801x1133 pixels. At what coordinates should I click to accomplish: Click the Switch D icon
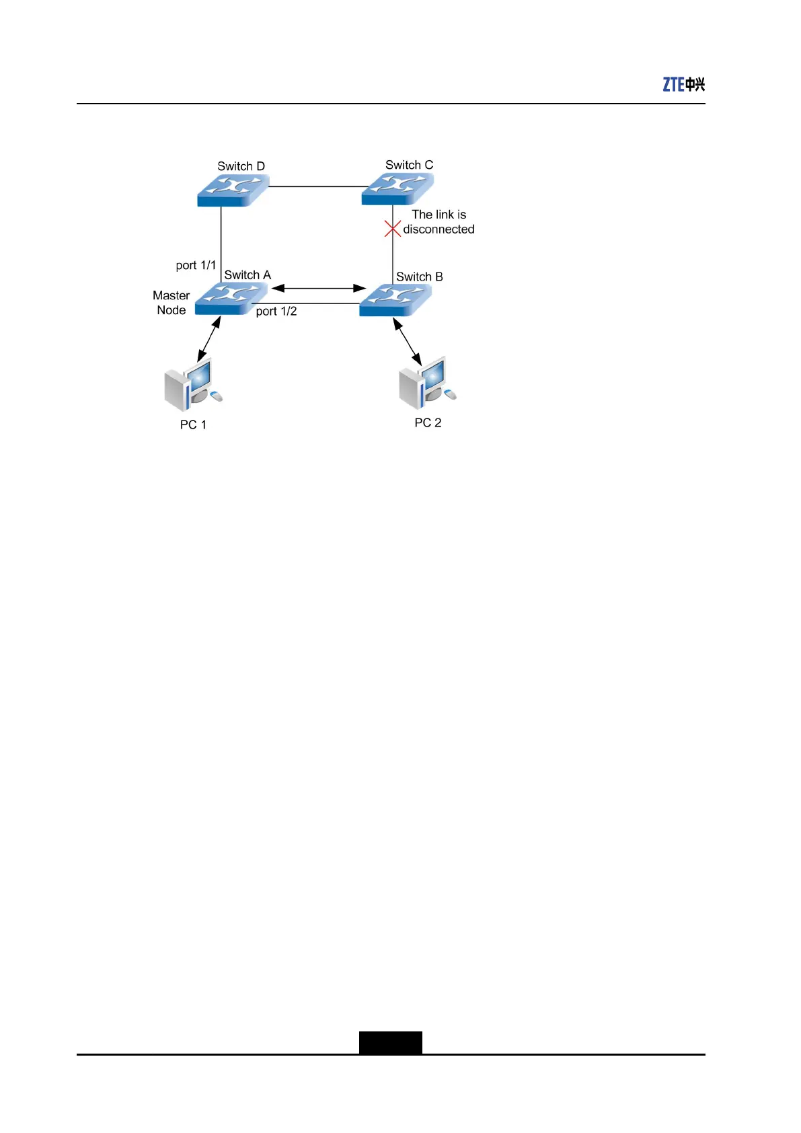point(233,190)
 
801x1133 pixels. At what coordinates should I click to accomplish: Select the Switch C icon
point(397,188)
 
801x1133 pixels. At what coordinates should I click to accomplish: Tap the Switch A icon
point(231,299)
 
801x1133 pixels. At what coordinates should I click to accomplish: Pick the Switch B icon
point(395,300)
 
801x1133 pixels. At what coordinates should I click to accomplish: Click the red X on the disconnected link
point(393,229)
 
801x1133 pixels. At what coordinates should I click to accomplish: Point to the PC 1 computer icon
point(192,387)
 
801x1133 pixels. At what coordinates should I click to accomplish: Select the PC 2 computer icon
point(426,384)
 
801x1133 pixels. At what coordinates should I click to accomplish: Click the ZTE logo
point(683,84)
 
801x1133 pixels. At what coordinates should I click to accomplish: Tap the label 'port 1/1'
point(196,265)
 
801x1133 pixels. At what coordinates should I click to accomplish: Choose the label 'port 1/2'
point(276,311)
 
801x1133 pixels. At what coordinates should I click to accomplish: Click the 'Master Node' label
point(171,303)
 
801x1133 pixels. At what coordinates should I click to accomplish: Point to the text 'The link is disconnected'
point(438,222)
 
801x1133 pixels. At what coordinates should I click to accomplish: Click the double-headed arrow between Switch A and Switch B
point(318,288)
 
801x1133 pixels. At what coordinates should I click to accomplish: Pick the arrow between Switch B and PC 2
point(407,342)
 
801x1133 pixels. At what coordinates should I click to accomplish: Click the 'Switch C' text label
point(409,165)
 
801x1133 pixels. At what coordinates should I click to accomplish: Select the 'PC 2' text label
point(428,423)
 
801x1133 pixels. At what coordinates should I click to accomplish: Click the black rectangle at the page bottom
point(390,1042)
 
